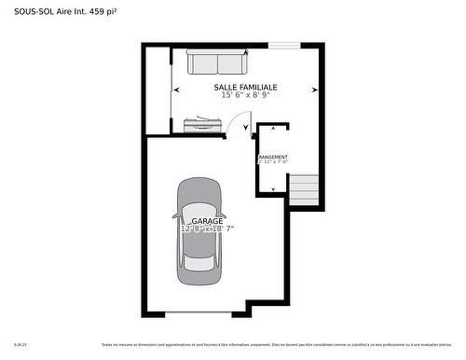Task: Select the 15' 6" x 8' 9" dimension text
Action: tap(245, 95)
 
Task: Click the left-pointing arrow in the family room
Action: tap(177, 90)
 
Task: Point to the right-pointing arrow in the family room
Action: tap(315, 90)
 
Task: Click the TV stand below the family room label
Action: tap(204, 122)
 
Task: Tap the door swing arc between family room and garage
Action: tap(240, 122)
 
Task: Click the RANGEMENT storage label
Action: tap(272, 157)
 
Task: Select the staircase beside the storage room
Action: tap(305, 191)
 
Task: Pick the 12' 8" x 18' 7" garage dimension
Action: tap(207, 228)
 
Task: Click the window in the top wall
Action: tap(284, 45)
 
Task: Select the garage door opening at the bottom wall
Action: tap(199, 312)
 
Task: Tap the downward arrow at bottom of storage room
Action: tap(272, 188)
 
